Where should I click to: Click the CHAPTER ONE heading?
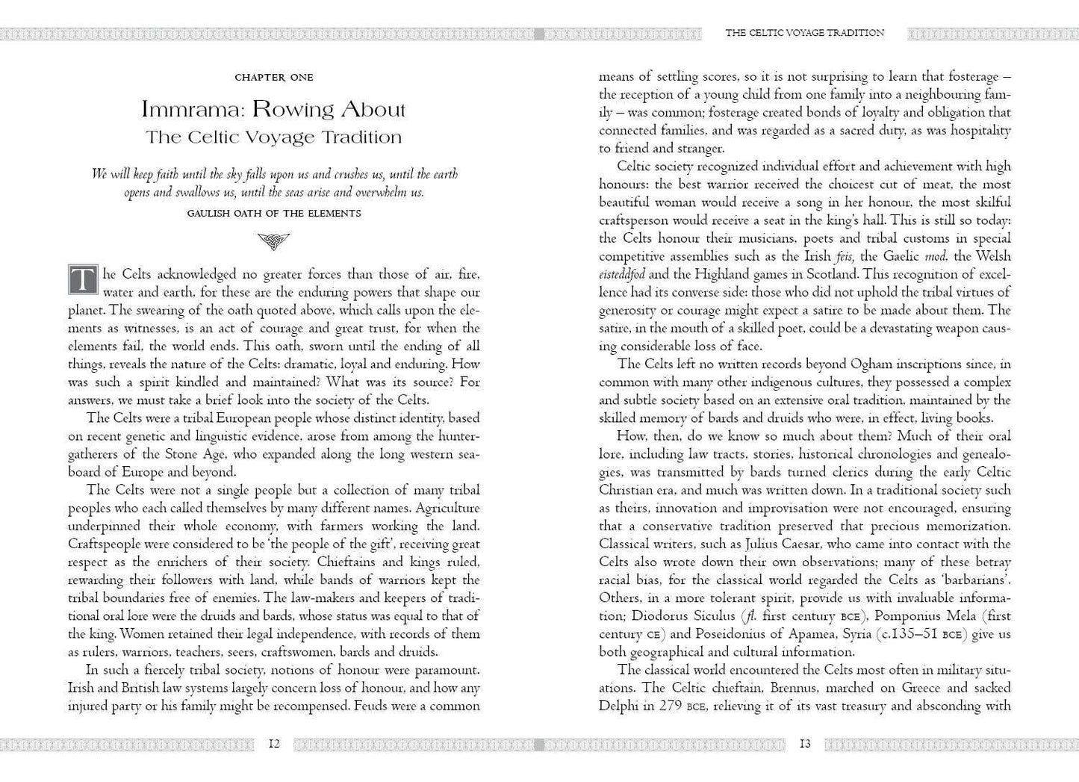274,77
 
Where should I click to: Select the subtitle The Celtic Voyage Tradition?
274,137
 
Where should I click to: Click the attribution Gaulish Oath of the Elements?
274,213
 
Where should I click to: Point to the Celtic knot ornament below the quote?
273,241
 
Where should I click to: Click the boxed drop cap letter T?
83,279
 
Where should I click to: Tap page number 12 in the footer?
274,743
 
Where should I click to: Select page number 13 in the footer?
805,743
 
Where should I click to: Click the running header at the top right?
805,33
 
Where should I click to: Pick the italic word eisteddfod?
623,274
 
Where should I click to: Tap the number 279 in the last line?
662,706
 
